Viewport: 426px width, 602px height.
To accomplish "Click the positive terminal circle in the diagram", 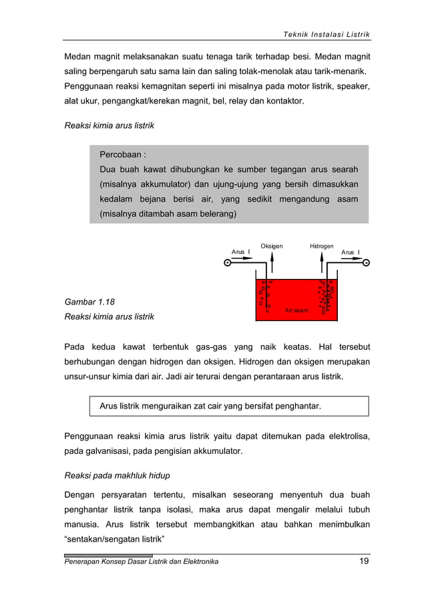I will point(228,263).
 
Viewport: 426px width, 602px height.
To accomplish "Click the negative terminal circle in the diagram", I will point(367,263).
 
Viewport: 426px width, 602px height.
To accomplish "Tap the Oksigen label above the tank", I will point(271,246).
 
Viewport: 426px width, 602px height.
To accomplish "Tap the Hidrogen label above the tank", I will point(321,246).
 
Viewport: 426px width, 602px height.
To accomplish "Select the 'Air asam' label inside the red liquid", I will point(296,311).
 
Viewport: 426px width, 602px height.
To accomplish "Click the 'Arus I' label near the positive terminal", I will point(240,252).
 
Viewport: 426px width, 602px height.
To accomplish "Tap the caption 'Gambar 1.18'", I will point(89,302).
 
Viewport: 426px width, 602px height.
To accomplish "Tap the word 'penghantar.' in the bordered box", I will point(298,406).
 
